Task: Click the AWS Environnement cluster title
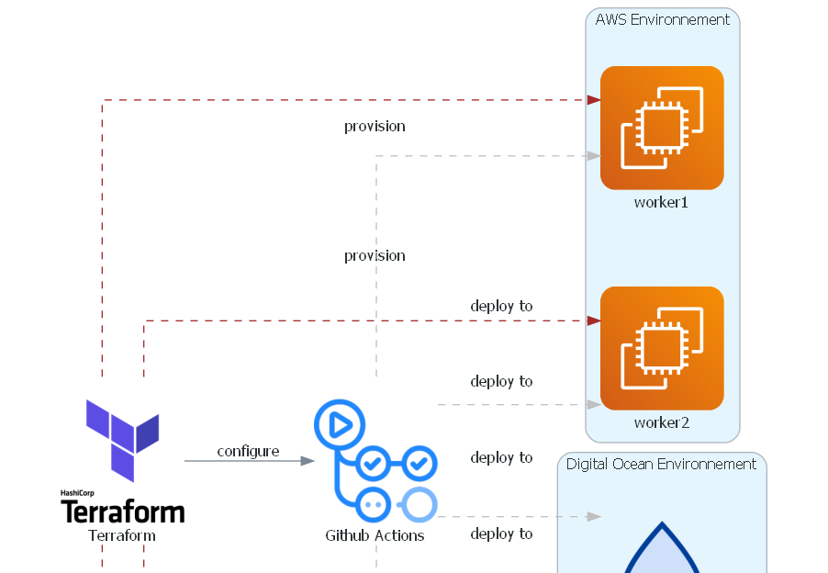pos(662,19)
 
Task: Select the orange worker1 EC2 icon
pos(662,128)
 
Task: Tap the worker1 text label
pos(661,202)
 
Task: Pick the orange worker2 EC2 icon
pos(662,348)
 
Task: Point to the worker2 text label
pos(661,422)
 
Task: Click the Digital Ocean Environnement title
pos(661,464)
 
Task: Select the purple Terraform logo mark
pos(122,439)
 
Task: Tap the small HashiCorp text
pos(77,493)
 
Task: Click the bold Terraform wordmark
pos(122,511)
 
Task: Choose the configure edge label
pos(248,451)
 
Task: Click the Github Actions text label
pos(375,534)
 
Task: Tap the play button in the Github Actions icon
pos(339,424)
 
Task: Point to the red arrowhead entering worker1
pos(594,99)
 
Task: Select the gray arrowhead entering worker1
pos(594,156)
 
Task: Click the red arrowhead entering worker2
pos(594,320)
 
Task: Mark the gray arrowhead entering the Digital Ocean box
pos(594,517)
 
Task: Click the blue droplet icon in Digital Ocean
pos(661,551)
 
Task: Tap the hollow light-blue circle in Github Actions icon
pos(418,504)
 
